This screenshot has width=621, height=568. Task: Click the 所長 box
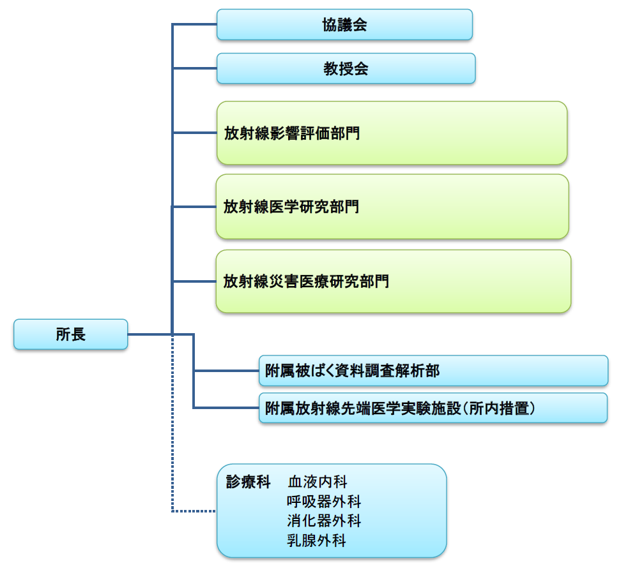coord(70,334)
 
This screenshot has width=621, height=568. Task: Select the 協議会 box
coord(344,25)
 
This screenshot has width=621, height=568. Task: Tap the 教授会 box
coord(346,68)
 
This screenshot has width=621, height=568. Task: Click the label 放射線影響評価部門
coord(291,133)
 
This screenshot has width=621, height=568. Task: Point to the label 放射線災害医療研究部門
coord(306,281)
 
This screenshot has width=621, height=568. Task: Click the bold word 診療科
coord(249,482)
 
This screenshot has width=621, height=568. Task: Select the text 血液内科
coord(318,482)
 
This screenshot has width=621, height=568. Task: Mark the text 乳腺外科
coord(318,541)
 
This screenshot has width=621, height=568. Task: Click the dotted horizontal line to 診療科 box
coord(194,511)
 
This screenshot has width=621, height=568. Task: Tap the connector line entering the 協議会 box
coord(195,25)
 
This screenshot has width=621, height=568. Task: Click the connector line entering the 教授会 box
coord(195,68)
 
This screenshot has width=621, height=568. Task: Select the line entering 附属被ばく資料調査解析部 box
coord(226,371)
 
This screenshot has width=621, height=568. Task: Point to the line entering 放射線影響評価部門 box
coord(195,133)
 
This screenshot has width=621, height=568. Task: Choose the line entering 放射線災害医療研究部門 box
coord(195,281)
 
